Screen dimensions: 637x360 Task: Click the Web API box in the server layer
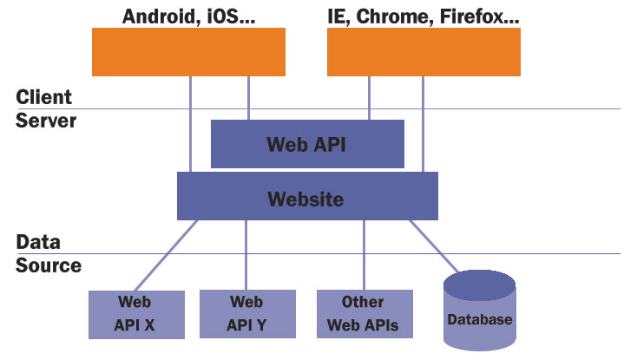coord(307,144)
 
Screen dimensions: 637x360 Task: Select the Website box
coord(307,196)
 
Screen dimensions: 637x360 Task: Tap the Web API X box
coord(136,315)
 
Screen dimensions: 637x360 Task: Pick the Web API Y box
coord(247,314)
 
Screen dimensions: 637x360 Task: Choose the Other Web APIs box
coord(364,314)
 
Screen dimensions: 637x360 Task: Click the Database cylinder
coord(480,311)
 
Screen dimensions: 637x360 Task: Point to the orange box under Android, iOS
coord(188,52)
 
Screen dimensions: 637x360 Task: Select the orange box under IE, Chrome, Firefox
coord(424,52)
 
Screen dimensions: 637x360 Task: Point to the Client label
coord(44,97)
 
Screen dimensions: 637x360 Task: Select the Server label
coord(46,121)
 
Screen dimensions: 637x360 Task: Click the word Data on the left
coord(38,242)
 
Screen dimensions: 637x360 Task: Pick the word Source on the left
coord(49,265)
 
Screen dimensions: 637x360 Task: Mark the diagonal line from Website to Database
coord(434,246)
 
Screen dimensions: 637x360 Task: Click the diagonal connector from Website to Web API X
coord(166,255)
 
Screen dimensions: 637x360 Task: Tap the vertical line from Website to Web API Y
coord(246,255)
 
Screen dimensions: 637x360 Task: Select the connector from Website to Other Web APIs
coord(364,255)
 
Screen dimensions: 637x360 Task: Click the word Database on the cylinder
coord(480,320)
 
